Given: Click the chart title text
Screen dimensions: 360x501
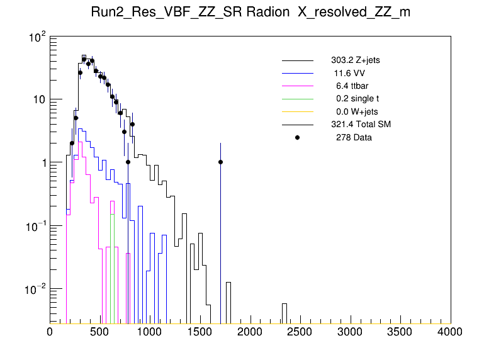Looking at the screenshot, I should (250, 13).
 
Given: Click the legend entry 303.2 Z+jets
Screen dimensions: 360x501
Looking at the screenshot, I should (355, 60).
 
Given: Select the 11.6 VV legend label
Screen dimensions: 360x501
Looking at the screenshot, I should (350, 73).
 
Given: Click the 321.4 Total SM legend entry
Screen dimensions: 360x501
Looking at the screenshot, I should (361, 124).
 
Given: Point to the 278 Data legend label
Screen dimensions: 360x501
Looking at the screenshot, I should (354, 137).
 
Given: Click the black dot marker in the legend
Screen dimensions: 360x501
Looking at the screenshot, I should (298, 137).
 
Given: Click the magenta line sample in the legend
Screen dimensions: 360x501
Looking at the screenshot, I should (298, 86).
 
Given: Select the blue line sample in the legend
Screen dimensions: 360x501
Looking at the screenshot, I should (298, 73).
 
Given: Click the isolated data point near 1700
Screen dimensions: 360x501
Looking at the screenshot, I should (220, 162).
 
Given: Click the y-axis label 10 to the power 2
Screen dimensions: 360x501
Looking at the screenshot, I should (37, 38).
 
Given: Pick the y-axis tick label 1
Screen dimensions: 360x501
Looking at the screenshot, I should (43, 162).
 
